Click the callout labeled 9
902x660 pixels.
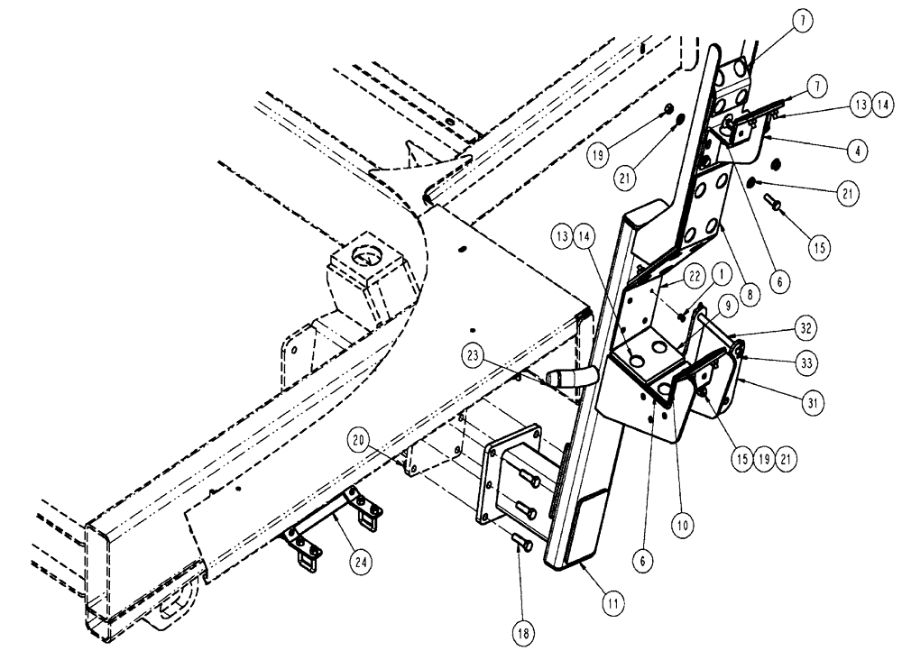[x=725, y=306]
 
